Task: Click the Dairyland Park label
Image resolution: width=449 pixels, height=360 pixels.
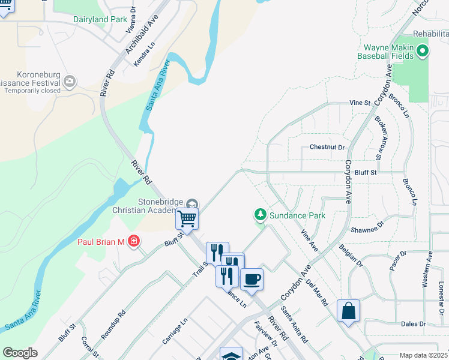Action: [100, 19]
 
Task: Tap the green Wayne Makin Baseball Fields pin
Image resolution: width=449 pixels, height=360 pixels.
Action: [423, 51]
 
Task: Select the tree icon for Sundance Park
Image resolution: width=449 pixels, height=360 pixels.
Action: [260, 214]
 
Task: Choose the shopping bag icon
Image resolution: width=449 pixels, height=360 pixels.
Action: [348, 310]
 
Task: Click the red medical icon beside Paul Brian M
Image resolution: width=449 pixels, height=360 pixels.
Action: [133, 242]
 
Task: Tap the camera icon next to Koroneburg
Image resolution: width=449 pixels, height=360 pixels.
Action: [70, 80]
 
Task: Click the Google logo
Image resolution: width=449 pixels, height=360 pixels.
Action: [20, 352]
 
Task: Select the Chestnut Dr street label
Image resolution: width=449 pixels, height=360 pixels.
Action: [328, 147]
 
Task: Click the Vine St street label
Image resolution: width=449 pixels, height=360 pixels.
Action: [360, 103]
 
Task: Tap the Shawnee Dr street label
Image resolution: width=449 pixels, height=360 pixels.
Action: [367, 229]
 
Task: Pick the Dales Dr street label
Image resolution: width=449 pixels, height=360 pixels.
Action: [414, 323]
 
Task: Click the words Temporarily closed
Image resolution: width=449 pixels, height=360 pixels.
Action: [40, 91]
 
